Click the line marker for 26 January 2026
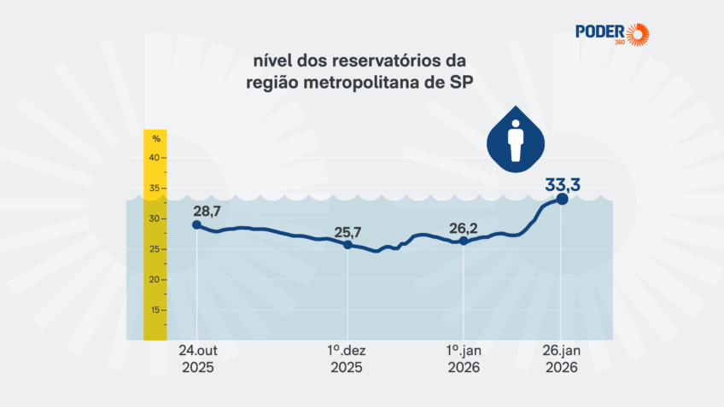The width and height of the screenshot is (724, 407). [x=562, y=199]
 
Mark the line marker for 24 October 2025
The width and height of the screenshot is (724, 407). [x=197, y=224]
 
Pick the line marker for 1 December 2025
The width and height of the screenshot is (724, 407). [x=347, y=245]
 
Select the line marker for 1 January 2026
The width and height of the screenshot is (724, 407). [x=464, y=241]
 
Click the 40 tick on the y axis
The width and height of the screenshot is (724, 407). [x=155, y=158]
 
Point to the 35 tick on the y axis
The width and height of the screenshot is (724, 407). [x=155, y=189]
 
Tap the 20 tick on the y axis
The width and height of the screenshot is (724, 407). [x=155, y=279]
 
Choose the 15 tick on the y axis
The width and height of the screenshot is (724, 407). [x=155, y=310]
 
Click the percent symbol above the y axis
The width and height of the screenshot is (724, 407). [x=156, y=138]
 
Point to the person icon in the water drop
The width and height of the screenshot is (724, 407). [x=515, y=141]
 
